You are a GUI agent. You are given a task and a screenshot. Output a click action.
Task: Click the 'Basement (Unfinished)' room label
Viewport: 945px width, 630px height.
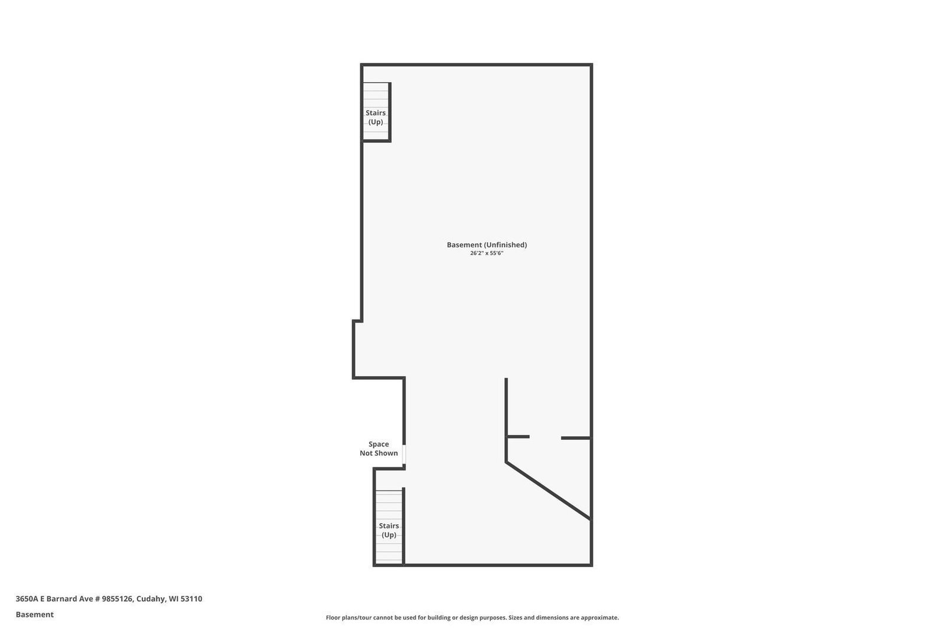pos(487,244)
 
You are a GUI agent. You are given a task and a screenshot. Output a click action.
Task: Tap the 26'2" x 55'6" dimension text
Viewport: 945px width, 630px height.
pos(487,253)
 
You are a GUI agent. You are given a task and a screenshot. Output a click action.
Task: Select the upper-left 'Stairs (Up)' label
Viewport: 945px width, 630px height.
pos(376,117)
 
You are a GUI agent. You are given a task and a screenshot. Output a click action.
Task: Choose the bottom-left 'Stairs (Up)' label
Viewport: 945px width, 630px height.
pos(389,530)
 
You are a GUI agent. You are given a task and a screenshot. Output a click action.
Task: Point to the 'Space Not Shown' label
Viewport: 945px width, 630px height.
pos(379,449)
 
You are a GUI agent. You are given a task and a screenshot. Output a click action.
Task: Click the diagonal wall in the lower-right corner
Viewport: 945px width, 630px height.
pos(548,491)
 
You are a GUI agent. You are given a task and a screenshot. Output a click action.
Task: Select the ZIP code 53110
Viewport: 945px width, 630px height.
pos(191,599)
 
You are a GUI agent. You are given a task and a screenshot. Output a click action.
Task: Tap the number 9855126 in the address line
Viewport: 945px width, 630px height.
pos(118,599)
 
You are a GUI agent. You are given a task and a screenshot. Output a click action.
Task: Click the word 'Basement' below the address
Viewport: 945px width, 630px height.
pos(35,615)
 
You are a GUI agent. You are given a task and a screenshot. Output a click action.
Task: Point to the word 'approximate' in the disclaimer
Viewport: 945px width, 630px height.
pos(600,618)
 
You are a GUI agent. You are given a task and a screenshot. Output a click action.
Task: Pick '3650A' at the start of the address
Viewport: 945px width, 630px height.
pos(27,599)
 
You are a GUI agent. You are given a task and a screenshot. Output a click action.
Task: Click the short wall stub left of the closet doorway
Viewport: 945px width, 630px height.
pos(518,437)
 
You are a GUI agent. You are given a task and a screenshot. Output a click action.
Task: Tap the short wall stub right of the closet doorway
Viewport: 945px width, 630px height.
pos(575,438)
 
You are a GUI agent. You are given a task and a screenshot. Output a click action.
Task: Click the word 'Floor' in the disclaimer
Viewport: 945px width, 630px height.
pos(334,618)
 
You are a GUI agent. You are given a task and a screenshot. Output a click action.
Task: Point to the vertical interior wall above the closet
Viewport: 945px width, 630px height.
pos(506,407)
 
